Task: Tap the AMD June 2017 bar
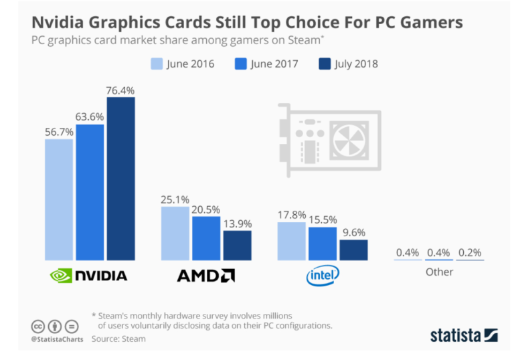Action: [205, 238]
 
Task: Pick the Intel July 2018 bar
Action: [353, 250]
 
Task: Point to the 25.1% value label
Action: [175, 199]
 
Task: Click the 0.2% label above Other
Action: [469, 253]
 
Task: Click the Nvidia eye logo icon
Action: [61, 275]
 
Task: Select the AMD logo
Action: [205, 275]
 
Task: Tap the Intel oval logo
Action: [323, 274]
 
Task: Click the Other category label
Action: [439, 272]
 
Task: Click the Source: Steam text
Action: [118, 339]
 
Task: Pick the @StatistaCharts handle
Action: [58, 339]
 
